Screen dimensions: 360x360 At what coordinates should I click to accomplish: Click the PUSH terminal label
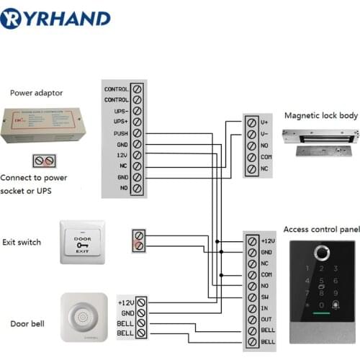[120, 133]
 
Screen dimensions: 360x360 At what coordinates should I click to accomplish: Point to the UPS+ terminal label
[120, 122]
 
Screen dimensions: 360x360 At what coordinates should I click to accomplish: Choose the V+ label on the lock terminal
[266, 123]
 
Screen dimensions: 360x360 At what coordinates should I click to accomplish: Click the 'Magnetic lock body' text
[320, 115]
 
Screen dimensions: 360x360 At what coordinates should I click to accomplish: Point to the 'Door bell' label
[27, 324]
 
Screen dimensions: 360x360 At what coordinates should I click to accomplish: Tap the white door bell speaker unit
[84, 317]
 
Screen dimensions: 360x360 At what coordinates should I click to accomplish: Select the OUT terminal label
[266, 319]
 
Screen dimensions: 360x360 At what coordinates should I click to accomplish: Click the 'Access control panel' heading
[320, 230]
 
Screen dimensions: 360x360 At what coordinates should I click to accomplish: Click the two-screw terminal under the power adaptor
[44, 161]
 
